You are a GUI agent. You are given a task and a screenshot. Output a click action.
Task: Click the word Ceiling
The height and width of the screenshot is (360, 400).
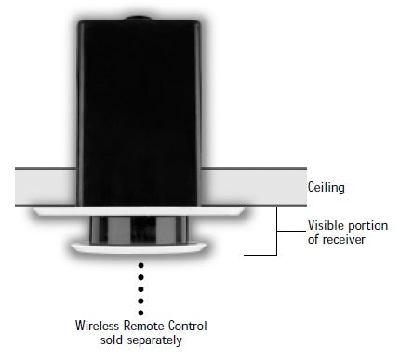(326, 187)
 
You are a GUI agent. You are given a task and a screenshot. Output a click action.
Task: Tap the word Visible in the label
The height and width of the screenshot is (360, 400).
(327, 225)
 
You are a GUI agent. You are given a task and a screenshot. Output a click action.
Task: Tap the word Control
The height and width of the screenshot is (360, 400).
(189, 326)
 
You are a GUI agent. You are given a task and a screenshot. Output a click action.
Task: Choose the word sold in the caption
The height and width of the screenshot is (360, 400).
(110, 340)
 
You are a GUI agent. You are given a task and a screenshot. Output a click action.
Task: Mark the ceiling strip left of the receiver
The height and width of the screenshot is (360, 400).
(42, 186)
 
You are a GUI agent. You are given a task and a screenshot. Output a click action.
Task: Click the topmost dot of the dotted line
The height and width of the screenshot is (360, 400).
(141, 266)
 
